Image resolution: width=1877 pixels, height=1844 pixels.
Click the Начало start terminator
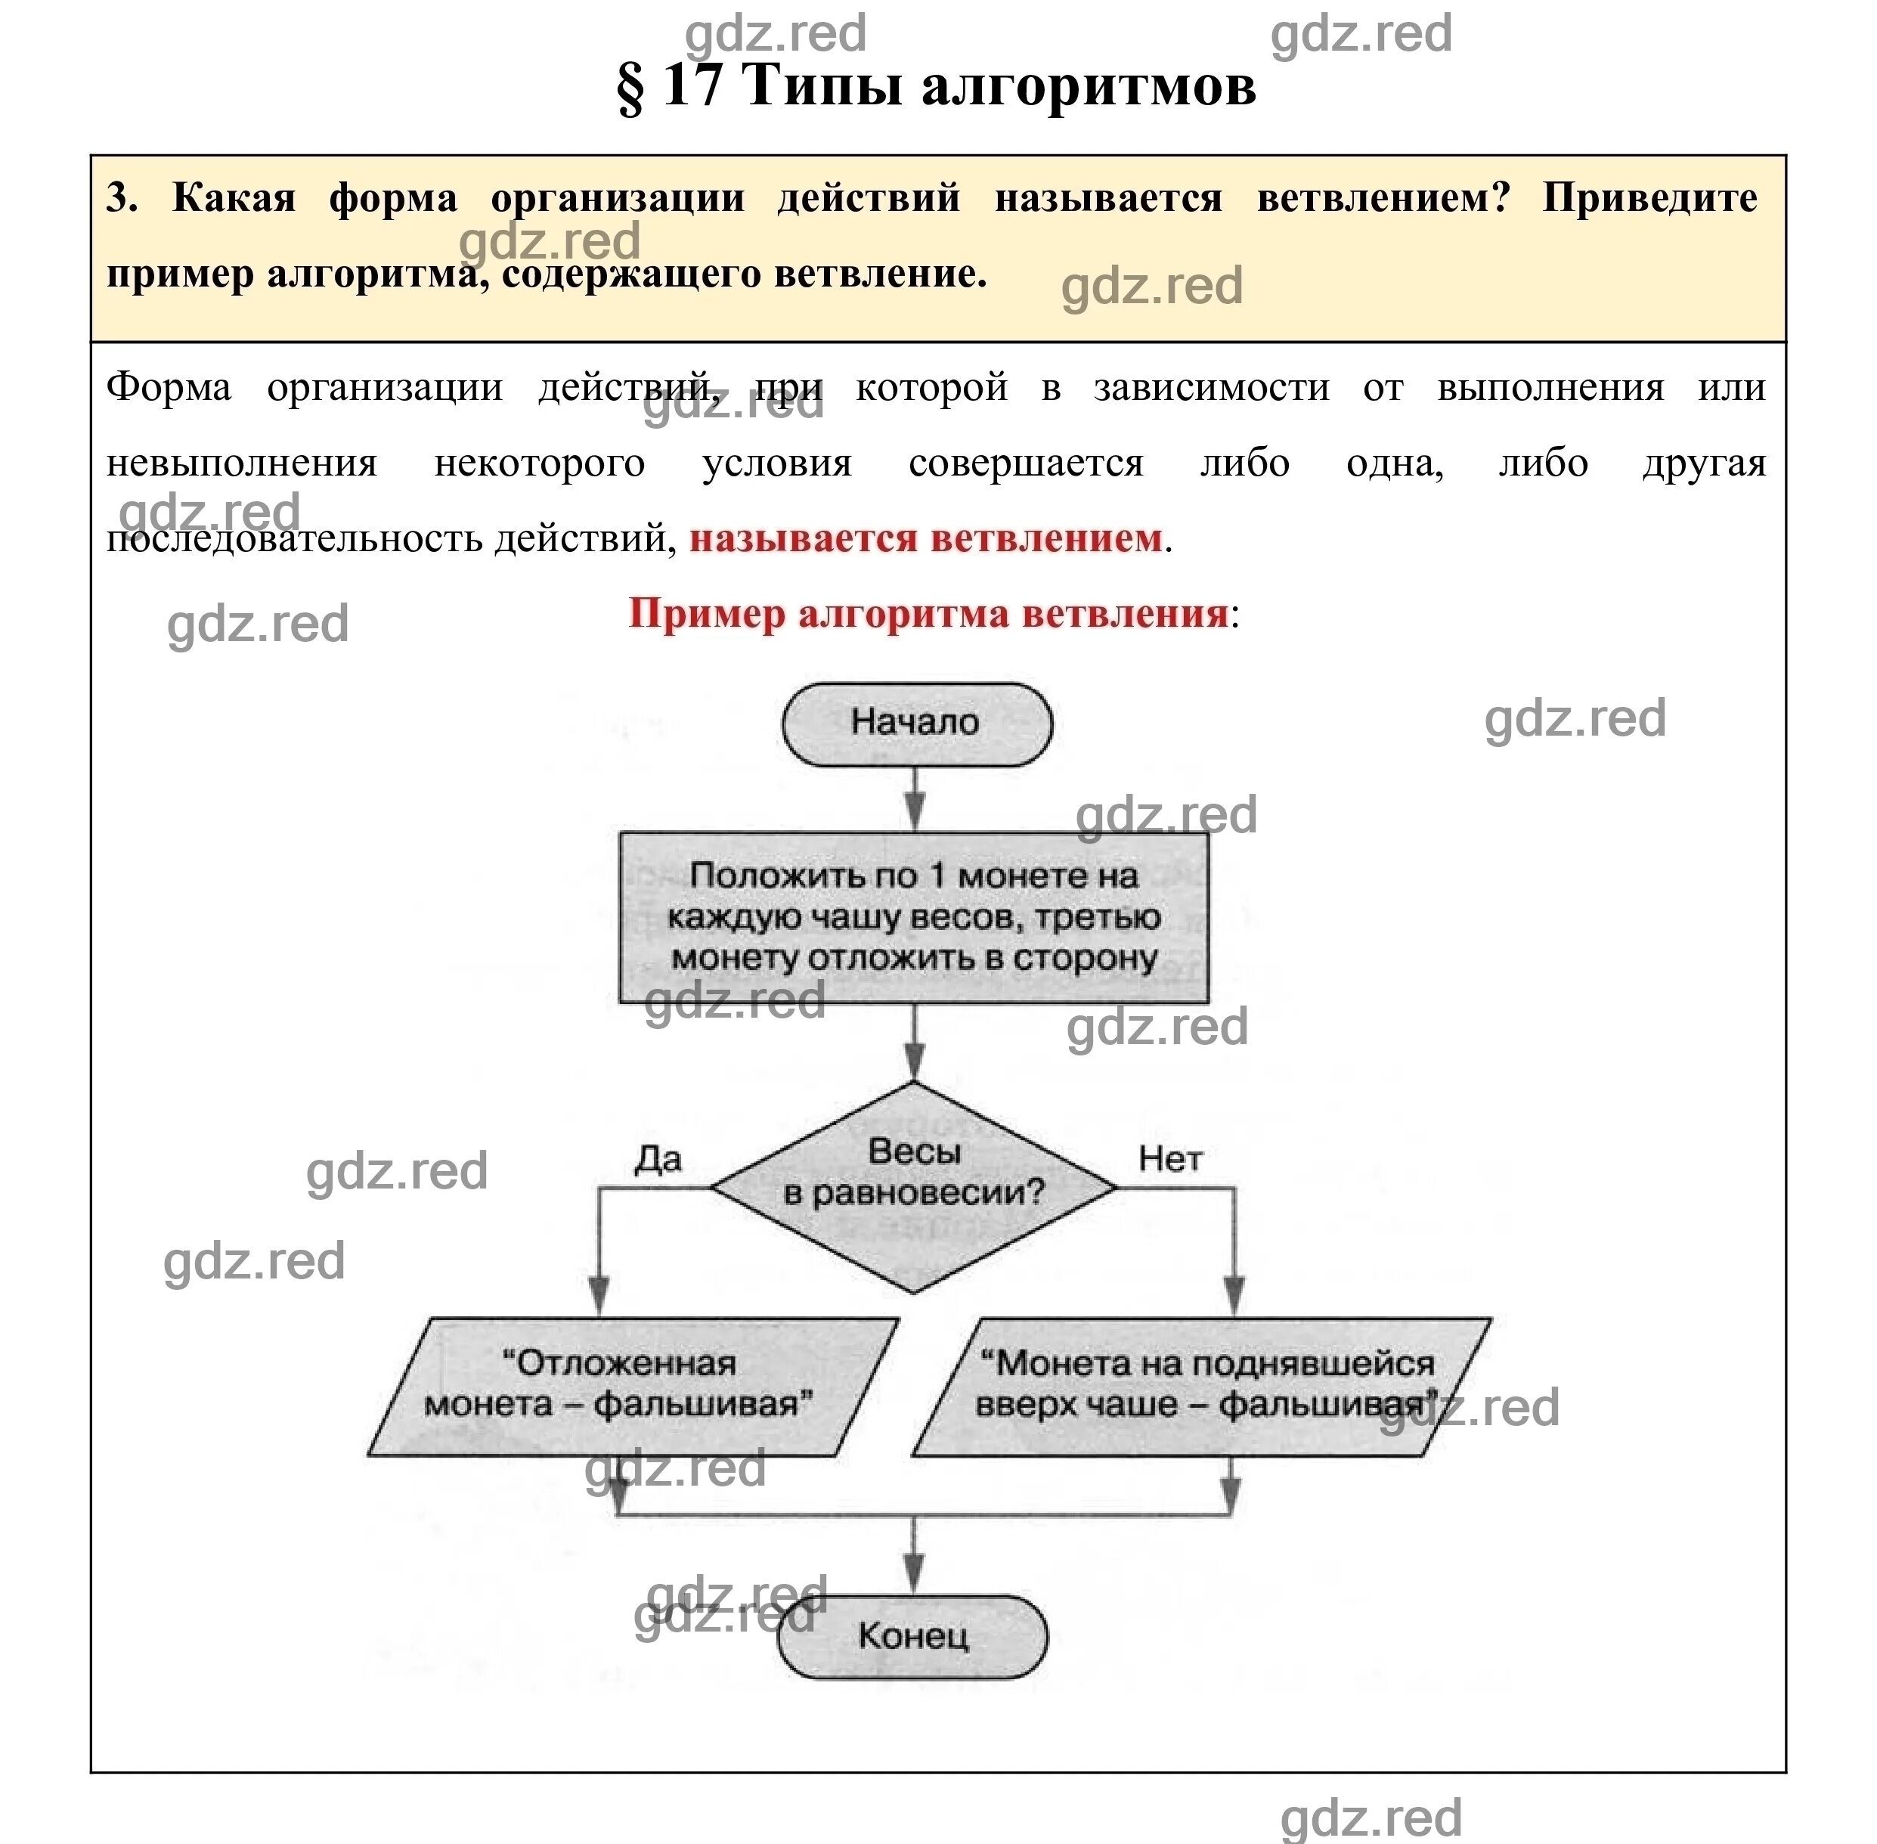click(x=916, y=724)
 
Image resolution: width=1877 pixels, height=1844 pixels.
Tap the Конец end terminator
click(x=912, y=1637)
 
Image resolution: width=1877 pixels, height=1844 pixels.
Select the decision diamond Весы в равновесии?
click(x=913, y=1186)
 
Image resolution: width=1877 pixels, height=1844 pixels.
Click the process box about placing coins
click(x=913, y=916)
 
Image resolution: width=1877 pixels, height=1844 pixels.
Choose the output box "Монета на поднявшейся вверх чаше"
click(x=1201, y=1386)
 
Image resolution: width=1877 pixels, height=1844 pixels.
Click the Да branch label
click(x=658, y=1158)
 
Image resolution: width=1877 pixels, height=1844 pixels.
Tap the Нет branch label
click(x=1170, y=1158)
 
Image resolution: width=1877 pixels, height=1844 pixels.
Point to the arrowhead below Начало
click(x=914, y=809)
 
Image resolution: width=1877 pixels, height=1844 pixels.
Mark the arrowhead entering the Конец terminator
click(x=913, y=1572)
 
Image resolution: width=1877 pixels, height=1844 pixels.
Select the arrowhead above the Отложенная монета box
click(x=599, y=1294)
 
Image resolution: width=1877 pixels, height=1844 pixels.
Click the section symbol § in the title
click(x=630, y=86)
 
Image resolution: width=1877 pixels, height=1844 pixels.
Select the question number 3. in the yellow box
click(x=121, y=197)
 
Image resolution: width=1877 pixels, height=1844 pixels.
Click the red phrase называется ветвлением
click(x=925, y=538)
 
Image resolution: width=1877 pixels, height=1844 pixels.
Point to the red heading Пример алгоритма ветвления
click(x=928, y=614)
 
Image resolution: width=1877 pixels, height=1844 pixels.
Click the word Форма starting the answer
click(x=169, y=387)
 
